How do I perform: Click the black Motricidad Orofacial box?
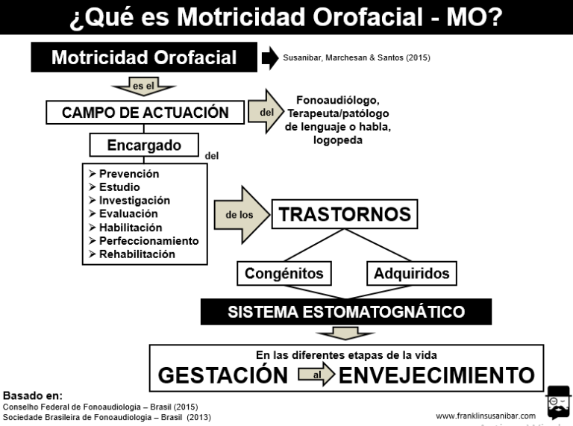click(144, 57)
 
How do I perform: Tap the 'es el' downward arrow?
click(143, 87)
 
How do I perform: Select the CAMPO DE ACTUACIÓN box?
click(145, 113)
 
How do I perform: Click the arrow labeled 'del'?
click(266, 111)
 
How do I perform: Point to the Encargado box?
click(144, 145)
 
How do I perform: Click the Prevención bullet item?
click(124, 174)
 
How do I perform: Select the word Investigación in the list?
click(134, 200)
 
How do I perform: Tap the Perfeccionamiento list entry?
click(143, 241)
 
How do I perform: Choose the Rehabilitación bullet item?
click(132, 254)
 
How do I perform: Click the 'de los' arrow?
click(242, 215)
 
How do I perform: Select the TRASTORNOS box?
click(345, 214)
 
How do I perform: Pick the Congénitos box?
click(284, 273)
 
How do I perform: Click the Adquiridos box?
click(412, 273)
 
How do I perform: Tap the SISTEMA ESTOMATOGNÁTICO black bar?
click(346, 312)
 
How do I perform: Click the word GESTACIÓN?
click(223, 375)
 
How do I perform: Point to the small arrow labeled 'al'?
click(316, 374)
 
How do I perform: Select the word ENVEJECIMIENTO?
click(437, 375)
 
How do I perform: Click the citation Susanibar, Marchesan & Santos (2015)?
click(357, 57)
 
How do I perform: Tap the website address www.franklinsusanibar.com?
click(486, 416)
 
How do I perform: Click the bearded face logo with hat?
click(558, 402)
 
